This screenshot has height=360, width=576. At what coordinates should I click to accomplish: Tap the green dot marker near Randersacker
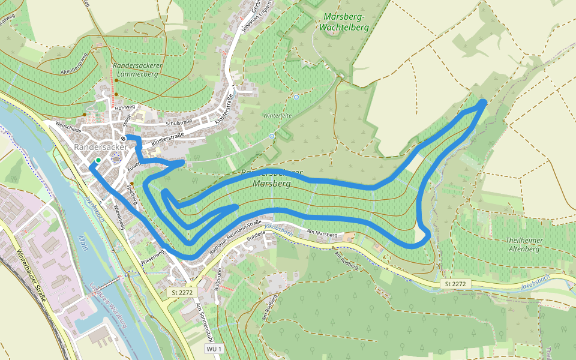point(98,160)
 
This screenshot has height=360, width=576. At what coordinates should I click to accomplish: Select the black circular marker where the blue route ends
point(123,139)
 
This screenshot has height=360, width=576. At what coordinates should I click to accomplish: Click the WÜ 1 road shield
point(214,349)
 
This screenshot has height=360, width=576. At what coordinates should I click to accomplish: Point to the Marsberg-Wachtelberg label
point(344,22)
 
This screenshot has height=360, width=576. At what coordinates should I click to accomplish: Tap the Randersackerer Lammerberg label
point(136,70)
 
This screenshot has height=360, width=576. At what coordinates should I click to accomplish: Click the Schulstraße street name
point(178,122)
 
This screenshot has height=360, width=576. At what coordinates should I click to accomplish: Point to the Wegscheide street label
point(67,126)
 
